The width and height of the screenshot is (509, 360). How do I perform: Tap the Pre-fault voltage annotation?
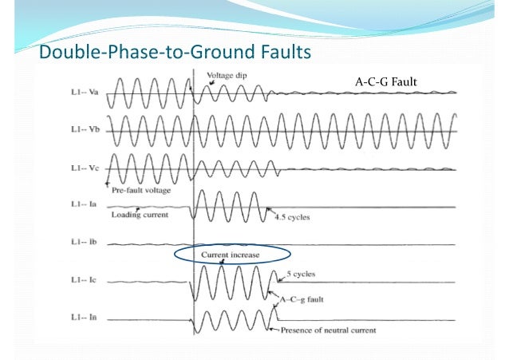[x=142, y=192]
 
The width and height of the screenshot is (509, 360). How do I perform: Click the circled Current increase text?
[x=229, y=255]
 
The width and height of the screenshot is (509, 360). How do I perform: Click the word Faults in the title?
[x=278, y=53]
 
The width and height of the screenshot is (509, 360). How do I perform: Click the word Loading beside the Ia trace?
[x=126, y=215]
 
